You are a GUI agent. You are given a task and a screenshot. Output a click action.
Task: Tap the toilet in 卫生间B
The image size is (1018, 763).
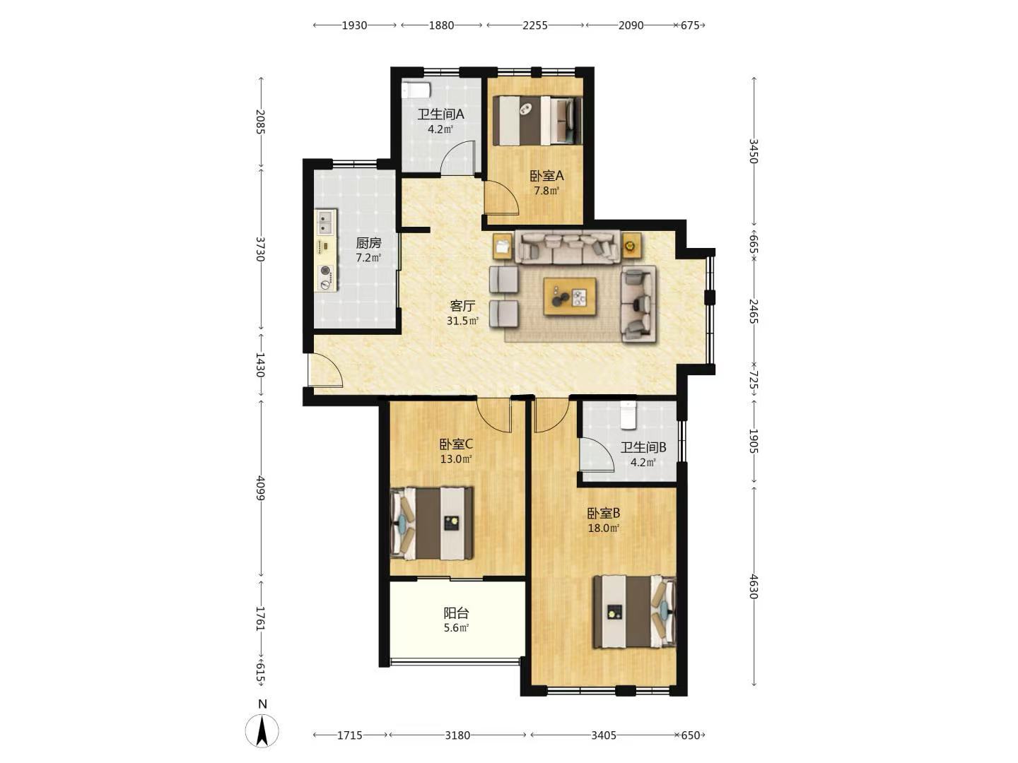(x=628, y=415)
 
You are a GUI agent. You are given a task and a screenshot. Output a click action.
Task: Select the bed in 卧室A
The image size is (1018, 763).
(x=537, y=120)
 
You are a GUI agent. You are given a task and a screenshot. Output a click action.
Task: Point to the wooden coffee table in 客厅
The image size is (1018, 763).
(x=570, y=297)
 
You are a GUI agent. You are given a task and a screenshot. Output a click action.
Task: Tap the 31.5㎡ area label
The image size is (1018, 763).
(x=462, y=321)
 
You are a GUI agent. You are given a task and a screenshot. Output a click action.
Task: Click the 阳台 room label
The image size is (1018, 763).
(x=457, y=613)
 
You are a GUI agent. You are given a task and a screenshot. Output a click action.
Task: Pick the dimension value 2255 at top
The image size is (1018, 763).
(x=535, y=25)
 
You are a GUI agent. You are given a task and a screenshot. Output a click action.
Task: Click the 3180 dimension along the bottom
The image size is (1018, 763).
(x=457, y=735)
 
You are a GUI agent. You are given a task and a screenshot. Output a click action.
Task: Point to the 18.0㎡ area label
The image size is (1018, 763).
(x=604, y=528)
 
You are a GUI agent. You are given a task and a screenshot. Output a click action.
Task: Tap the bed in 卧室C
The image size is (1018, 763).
(x=432, y=523)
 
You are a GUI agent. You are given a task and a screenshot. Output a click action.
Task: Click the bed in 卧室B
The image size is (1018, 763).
(x=634, y=611)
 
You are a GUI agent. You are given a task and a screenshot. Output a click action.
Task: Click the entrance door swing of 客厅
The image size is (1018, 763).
(x=326, y=370)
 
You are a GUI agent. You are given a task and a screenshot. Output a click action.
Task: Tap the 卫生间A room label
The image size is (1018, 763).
(x=440, y=114)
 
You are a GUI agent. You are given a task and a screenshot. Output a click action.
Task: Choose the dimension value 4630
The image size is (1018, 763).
(x=754, y=586)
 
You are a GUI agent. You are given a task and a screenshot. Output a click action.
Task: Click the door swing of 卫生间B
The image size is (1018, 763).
(x=597, y=454)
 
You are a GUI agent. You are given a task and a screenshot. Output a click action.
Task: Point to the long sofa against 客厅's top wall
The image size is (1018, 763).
(x=569, y=247)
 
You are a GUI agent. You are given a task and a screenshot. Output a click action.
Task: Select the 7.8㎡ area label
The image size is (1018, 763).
(x=546, y=191)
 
